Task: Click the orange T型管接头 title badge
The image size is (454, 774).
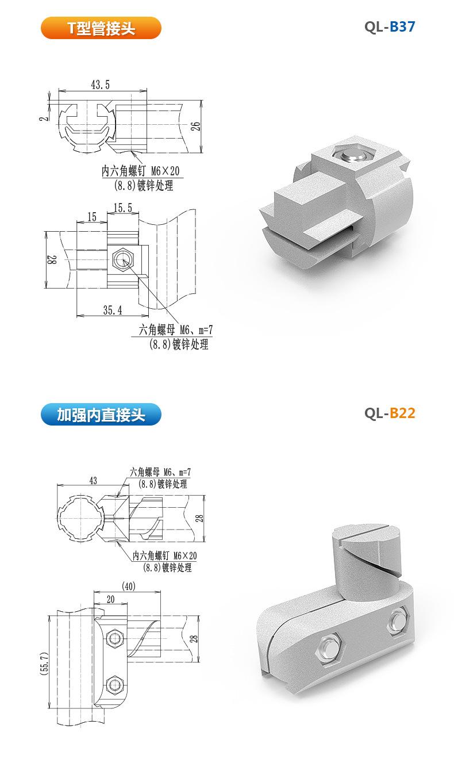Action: (x=101, y=28)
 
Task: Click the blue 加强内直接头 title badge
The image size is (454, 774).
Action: (x=101, y=414)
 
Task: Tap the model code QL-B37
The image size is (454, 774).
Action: (x=389, y=27)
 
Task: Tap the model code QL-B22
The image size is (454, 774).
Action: (x=389, y=413)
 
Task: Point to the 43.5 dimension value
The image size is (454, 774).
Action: (x=100, y=85)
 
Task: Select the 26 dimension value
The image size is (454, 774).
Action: (x=196, y=127)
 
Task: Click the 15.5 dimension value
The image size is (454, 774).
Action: (x=122, y=208)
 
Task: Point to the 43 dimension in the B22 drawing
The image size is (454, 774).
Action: (x=93, y=480)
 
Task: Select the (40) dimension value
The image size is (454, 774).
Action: (x=129, y=587)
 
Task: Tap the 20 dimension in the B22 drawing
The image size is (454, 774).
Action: (x=110, y=599)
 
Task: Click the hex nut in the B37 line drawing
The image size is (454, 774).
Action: (x=122, y=259)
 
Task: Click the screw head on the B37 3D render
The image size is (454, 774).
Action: (x=350, y=155)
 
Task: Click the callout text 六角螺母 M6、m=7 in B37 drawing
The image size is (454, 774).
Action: (x=175, y=330)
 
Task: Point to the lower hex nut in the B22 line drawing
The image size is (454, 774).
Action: (x=115, y=684)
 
